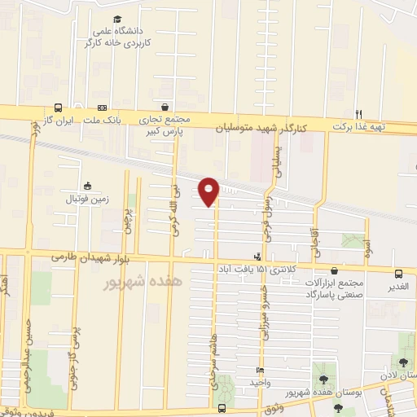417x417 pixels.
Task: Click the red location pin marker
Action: click(208, 191)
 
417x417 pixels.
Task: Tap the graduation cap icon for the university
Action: click(117, 19)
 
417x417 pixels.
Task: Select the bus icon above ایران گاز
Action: click(58, 108)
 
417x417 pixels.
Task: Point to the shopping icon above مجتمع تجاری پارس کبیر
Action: click(165, 108)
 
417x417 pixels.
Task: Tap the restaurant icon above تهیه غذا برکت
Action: click(358, 113)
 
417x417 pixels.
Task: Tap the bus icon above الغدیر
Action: click(398, 274)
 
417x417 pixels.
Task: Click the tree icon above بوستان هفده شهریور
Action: click(324, 380)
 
